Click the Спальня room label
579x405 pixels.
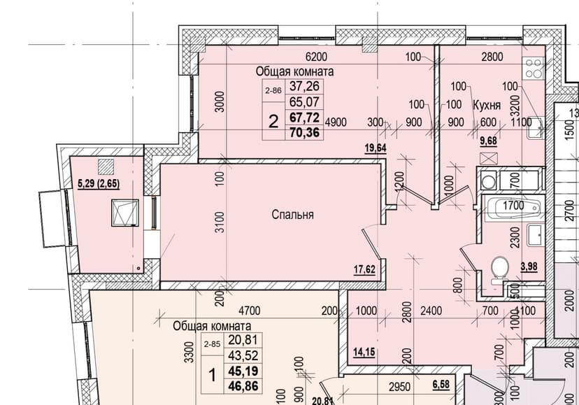coord(292,215)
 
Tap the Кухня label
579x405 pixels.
coord(487,106)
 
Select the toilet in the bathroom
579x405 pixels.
coord(499,270)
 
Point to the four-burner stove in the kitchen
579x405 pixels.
coord(533,69)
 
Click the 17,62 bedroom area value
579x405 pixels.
coord(364,270)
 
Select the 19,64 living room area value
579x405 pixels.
coord(376,148)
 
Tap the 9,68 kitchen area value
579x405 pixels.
coord(488,141)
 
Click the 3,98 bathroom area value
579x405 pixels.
coord(529,267)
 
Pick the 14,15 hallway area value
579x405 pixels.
coord(364,352)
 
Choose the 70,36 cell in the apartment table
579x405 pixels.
coord(305,132)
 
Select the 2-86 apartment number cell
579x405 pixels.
coord(273,90)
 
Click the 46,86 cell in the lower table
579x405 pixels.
coord(243,387)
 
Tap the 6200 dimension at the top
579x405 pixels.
coord(317,57)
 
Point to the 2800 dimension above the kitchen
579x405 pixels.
coord(492,57)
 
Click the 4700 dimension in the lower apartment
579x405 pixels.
coord(250,311)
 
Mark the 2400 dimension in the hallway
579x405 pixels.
coord(431,311)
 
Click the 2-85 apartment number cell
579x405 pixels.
coord(212,344)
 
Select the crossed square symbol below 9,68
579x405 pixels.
coord(489,158)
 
